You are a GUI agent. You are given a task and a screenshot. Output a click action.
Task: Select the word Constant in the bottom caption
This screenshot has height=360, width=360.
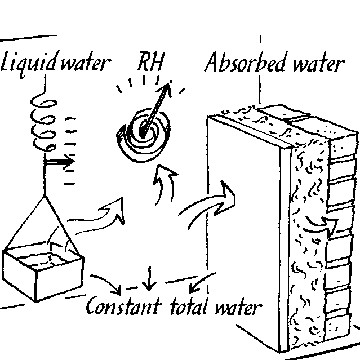click(123, 306)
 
